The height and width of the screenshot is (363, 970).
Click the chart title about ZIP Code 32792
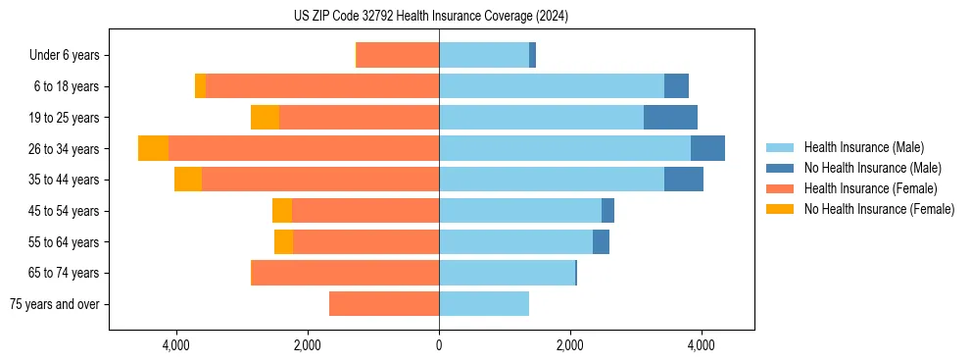tap(431, 17)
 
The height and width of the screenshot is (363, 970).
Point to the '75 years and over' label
tap(55, 304)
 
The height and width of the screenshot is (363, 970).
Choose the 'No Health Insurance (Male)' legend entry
tap(872, 168)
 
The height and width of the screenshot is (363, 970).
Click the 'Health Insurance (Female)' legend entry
tap(870, 188)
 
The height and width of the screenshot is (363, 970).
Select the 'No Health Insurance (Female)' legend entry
tap(879, 209)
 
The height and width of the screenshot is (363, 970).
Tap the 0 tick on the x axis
tap(439, 345)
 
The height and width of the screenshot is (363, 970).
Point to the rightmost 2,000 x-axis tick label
tap(570, 345)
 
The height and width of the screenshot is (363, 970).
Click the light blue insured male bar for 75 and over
tap(484, 304)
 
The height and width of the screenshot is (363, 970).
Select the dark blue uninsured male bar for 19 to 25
tap(670, 118)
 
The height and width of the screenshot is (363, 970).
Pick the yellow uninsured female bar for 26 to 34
tap(153, 148)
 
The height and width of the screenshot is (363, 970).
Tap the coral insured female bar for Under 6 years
tap(398, 55)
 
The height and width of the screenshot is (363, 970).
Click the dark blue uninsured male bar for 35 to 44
tap(684, 180)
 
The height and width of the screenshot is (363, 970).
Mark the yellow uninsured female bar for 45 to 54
tap(282, 211)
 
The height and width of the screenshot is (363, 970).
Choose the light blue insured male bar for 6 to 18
tap(552, 86)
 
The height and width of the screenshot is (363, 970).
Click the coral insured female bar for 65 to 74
tap(345, 273)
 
